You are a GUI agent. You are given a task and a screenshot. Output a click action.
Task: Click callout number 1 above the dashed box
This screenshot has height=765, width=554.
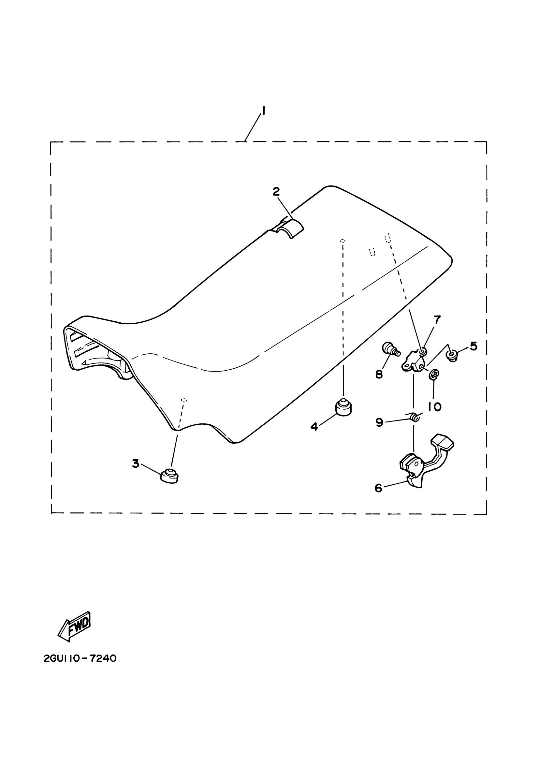pos(263,111)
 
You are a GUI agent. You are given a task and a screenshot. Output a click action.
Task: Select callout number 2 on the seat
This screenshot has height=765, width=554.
pos(276,192)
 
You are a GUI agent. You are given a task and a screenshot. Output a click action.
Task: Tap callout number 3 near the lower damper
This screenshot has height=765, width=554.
pos(136,463)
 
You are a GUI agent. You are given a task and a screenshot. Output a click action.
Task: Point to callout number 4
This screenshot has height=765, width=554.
pos(314,427)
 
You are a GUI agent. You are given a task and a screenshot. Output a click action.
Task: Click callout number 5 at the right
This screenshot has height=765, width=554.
pos(474,346)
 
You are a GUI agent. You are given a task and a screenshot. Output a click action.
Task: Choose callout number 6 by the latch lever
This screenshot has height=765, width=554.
pos(378,488)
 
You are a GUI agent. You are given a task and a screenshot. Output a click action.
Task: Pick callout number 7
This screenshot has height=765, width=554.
pos(437,319)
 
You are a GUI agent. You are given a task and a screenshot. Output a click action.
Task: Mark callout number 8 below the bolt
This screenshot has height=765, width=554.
pos(379,374)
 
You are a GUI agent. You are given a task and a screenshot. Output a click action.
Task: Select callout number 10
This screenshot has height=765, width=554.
pos(435,407)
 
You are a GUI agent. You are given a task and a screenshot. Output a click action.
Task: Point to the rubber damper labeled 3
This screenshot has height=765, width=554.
pos(169,476)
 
